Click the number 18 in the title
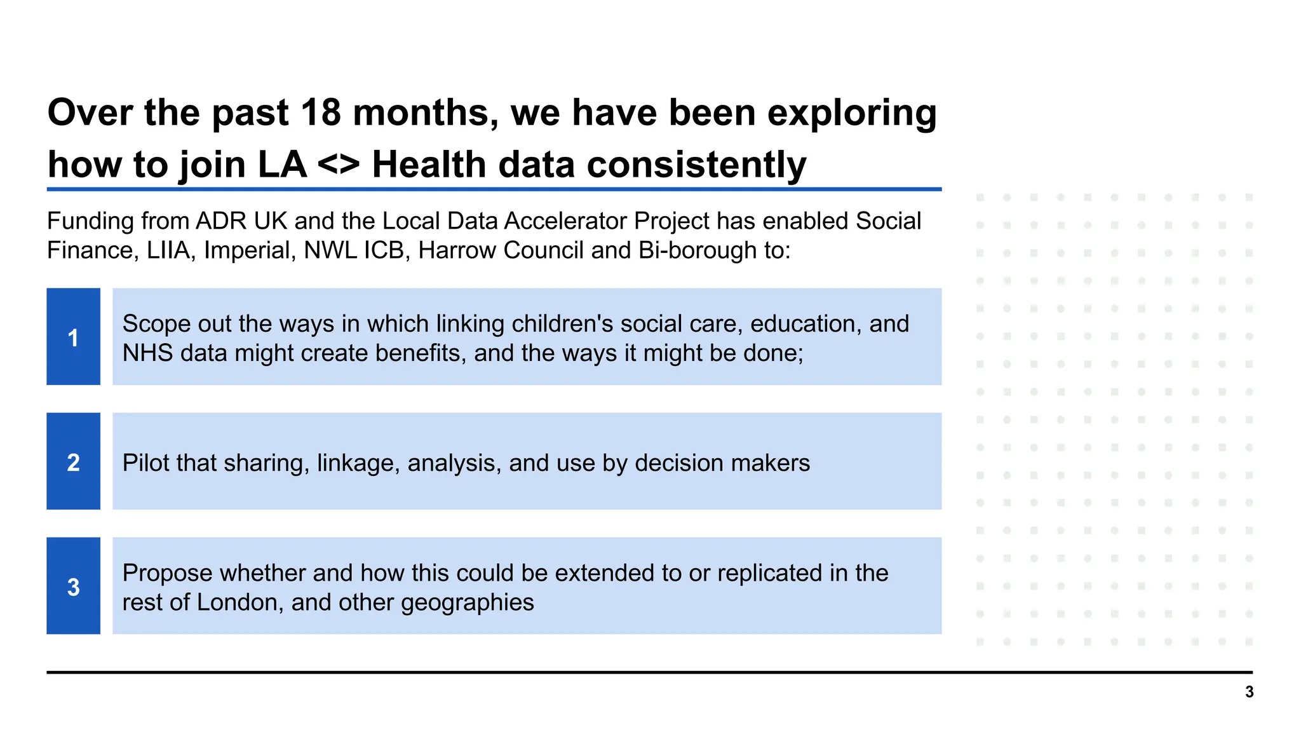(x=320, y=113)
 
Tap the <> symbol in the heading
(x=339, y=165)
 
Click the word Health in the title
(x=429, y=165)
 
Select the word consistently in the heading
(x=696, y=165)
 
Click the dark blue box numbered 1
(x=73, y=337)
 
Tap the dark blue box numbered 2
(x=73, y=461)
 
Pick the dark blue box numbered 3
(x=73, y=586)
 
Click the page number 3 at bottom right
(x=1249, y=692)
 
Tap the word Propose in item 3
(x=167, y=573)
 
